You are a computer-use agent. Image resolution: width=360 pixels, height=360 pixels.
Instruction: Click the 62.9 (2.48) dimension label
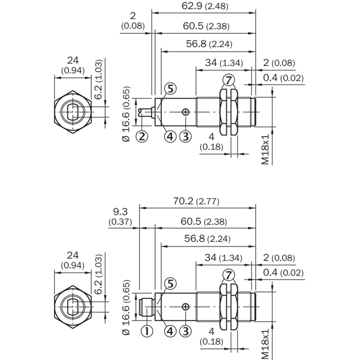coord(205,6)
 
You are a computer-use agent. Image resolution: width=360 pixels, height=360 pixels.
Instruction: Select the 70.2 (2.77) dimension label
coord(196,201)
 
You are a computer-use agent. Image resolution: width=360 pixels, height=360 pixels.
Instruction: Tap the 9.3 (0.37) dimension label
coord(120,216)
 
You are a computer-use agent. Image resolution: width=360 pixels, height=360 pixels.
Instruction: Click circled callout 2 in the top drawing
coord(142,136)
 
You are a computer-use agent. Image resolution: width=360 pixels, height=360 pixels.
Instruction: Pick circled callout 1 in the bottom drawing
coord(147,331)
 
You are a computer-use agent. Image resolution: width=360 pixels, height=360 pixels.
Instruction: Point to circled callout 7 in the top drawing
coord(229,80)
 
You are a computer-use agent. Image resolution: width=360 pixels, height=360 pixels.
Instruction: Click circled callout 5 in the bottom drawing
coord(171,283)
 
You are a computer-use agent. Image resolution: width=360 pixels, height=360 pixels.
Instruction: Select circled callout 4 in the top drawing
coord(170,136)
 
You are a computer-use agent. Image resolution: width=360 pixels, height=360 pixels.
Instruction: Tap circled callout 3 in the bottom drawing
coord(185,331)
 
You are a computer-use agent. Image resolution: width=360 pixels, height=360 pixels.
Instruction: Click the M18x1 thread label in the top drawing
coord(265,149)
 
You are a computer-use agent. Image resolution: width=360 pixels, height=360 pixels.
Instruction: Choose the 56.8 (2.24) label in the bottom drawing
coord(207,238)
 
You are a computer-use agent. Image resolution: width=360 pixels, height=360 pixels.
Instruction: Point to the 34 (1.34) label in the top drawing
coord(224,63)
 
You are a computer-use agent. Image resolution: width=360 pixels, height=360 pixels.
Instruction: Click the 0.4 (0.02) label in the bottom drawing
coord(283,273)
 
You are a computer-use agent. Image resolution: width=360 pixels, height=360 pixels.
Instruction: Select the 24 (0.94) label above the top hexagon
coord(73,65)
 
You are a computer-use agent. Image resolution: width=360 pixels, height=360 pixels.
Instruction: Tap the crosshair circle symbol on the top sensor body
coord(185,112)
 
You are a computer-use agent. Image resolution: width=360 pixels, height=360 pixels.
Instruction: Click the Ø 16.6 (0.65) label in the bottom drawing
coord(126,308)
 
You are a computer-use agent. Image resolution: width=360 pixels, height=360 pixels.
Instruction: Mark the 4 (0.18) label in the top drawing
coord(211,142)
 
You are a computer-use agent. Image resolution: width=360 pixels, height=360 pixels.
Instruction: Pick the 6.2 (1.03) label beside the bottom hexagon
coord(98,274)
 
